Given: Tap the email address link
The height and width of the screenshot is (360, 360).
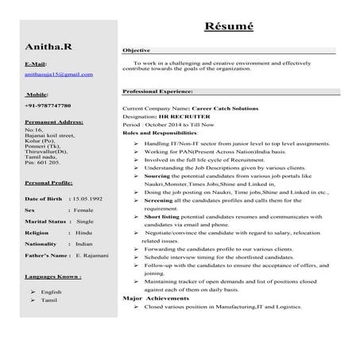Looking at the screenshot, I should click(59, 74).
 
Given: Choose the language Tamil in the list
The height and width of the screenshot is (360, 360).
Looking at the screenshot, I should click(48, 300).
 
